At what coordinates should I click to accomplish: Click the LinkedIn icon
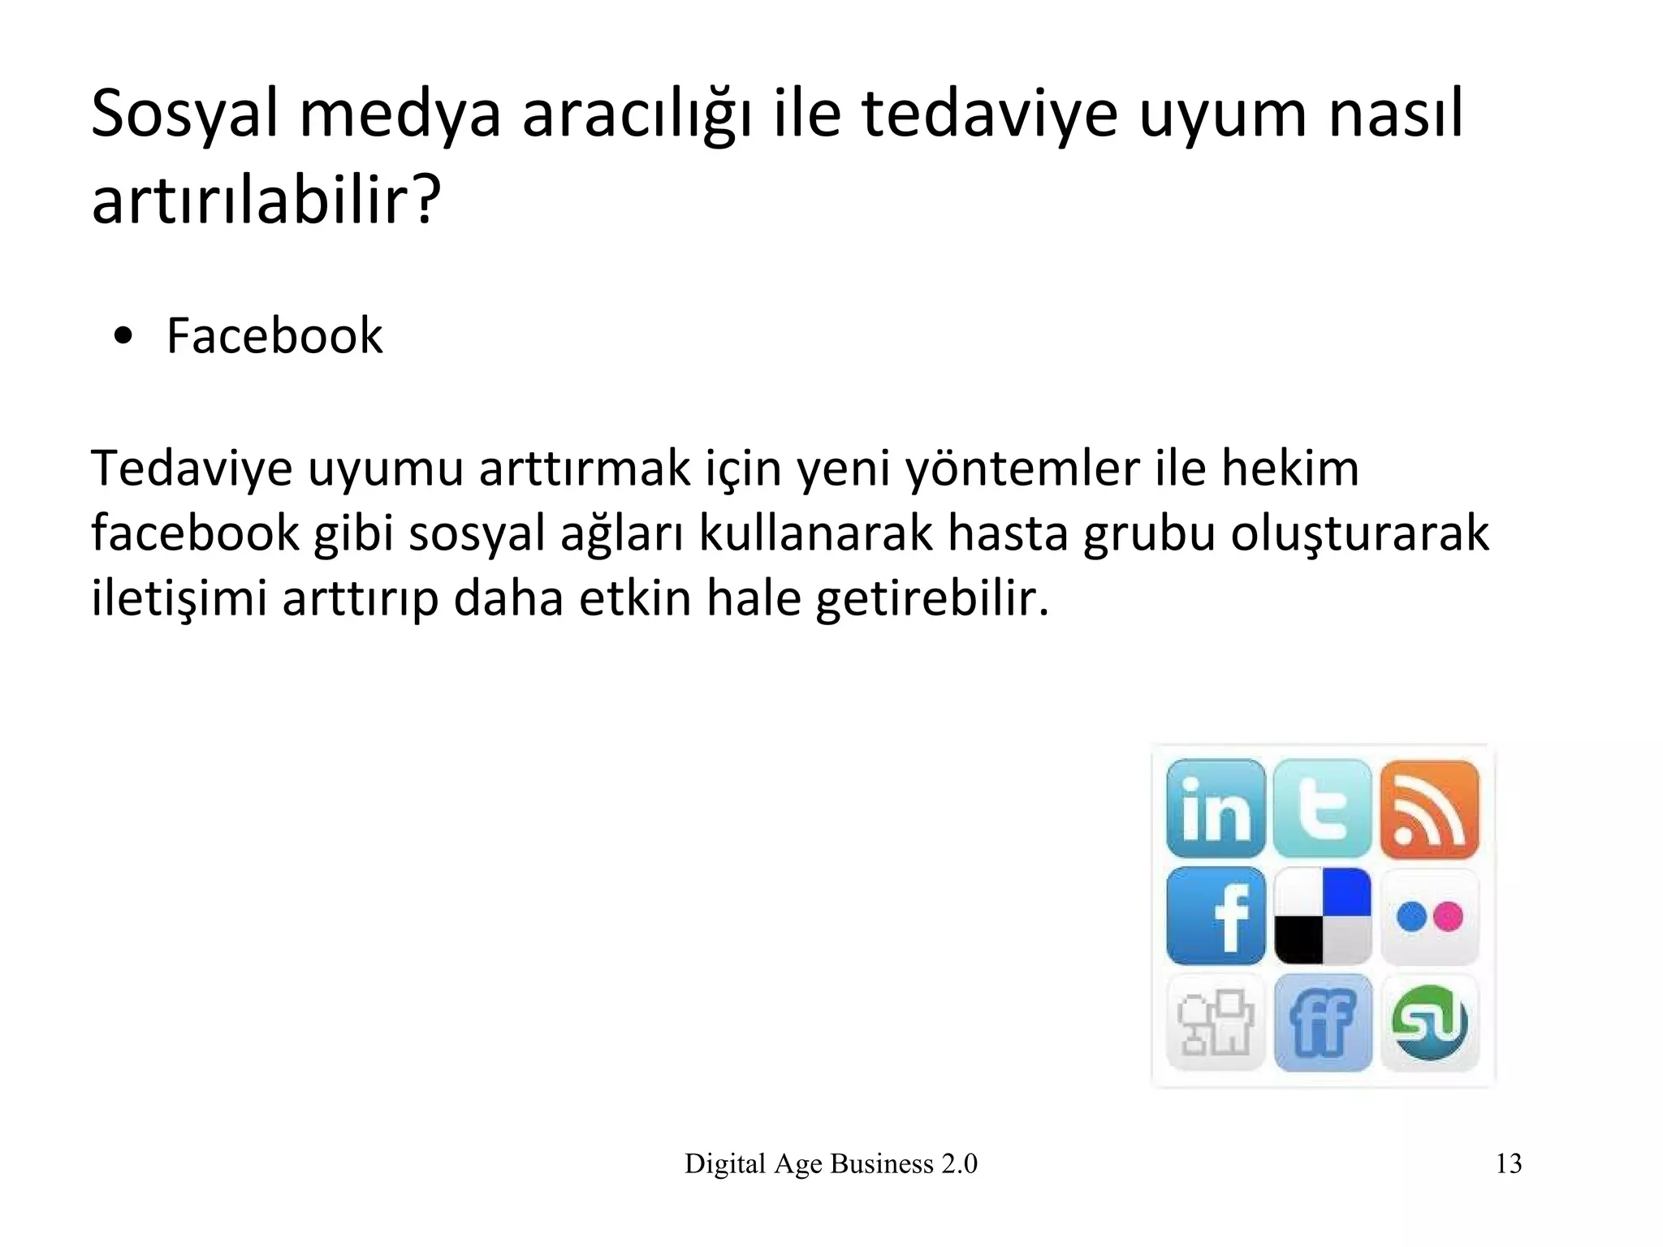(x=1216, y=809)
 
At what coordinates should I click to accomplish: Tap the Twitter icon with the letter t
(x=1322, y=809)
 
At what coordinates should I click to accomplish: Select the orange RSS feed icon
(x=1429, y=809)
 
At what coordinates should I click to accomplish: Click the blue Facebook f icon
(x=1216, y=916)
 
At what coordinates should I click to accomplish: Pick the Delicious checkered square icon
(x=1322, y=916)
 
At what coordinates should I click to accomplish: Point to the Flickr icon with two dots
(x=1429, y=917)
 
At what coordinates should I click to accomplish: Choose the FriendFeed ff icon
(x=1322, y=1023)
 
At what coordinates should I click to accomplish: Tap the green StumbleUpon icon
(x=1429, y=1023)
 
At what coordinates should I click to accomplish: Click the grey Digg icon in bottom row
(x=1216, y=1023)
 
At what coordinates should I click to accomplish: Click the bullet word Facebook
(x=274, y=335)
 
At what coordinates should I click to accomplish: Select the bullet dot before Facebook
(x=123, y=336)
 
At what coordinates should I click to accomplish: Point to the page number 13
(x=1508, y=1163)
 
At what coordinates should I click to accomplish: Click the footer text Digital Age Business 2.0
(x=831, y=1163)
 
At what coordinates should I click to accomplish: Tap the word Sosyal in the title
(x=184, y=114)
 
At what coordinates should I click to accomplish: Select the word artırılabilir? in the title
(x=266, y=201)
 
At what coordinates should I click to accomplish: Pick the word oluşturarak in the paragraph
(x=1359, y=533)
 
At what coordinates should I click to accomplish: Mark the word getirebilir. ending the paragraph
(x=932, y=598)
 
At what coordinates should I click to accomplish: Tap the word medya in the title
(x=400, y=114)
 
